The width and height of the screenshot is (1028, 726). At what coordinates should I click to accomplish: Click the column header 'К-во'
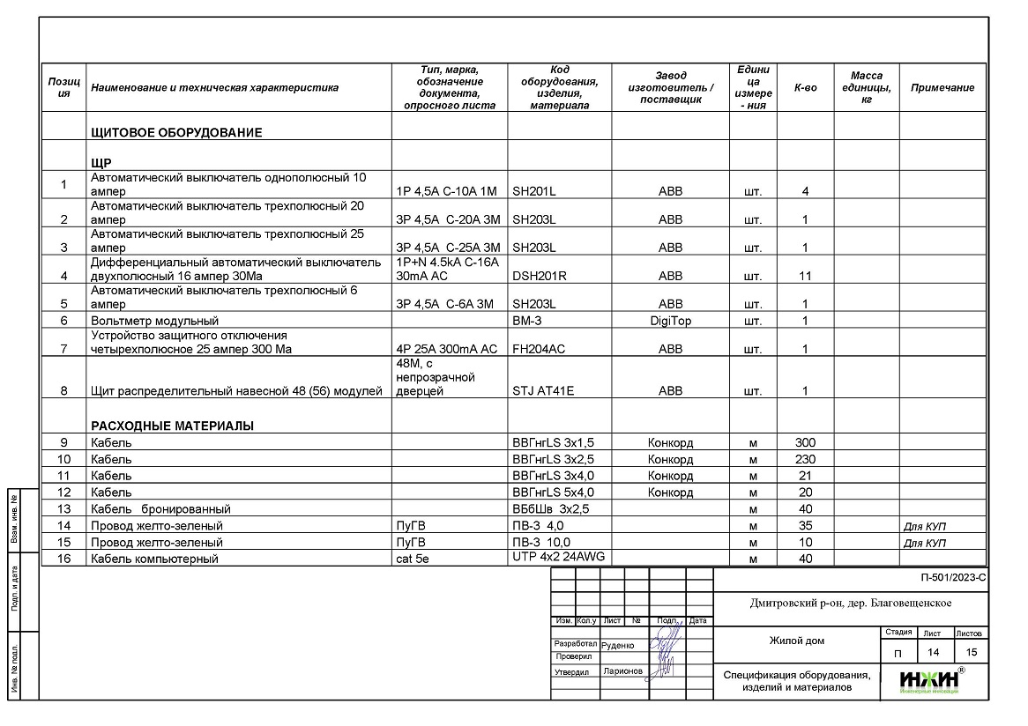[805, 88]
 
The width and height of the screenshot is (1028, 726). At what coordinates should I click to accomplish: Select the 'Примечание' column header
[942, 88]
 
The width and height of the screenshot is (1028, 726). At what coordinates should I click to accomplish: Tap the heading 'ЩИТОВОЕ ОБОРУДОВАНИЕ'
[176, 133]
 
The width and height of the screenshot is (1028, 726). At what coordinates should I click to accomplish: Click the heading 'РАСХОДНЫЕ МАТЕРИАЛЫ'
[172, 426]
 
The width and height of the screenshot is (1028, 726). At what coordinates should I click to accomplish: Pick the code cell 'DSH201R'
[539, 276]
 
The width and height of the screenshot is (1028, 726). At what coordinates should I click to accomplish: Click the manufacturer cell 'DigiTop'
[670, 321]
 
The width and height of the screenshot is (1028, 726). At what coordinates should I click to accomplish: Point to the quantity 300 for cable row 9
[805, 442]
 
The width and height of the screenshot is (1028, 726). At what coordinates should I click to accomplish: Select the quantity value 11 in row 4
[805, 276]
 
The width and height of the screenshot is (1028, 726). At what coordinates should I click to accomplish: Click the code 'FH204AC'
[538, 349]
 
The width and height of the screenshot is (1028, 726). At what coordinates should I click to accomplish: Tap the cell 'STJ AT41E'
[542, 391]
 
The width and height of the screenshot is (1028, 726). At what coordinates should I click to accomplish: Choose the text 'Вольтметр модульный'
[154, 321]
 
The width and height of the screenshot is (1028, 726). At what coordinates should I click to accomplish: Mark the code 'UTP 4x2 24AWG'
[559, 556]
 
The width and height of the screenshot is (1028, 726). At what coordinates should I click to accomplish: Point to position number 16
[63, 559]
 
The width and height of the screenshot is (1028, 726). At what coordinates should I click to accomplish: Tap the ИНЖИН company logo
[930, 680]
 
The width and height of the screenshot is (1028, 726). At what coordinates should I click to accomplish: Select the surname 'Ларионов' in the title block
[623, 671]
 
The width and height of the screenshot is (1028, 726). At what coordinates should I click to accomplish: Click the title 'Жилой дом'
[796, 641]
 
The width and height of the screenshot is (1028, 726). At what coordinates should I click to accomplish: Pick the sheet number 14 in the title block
[931, 652]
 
